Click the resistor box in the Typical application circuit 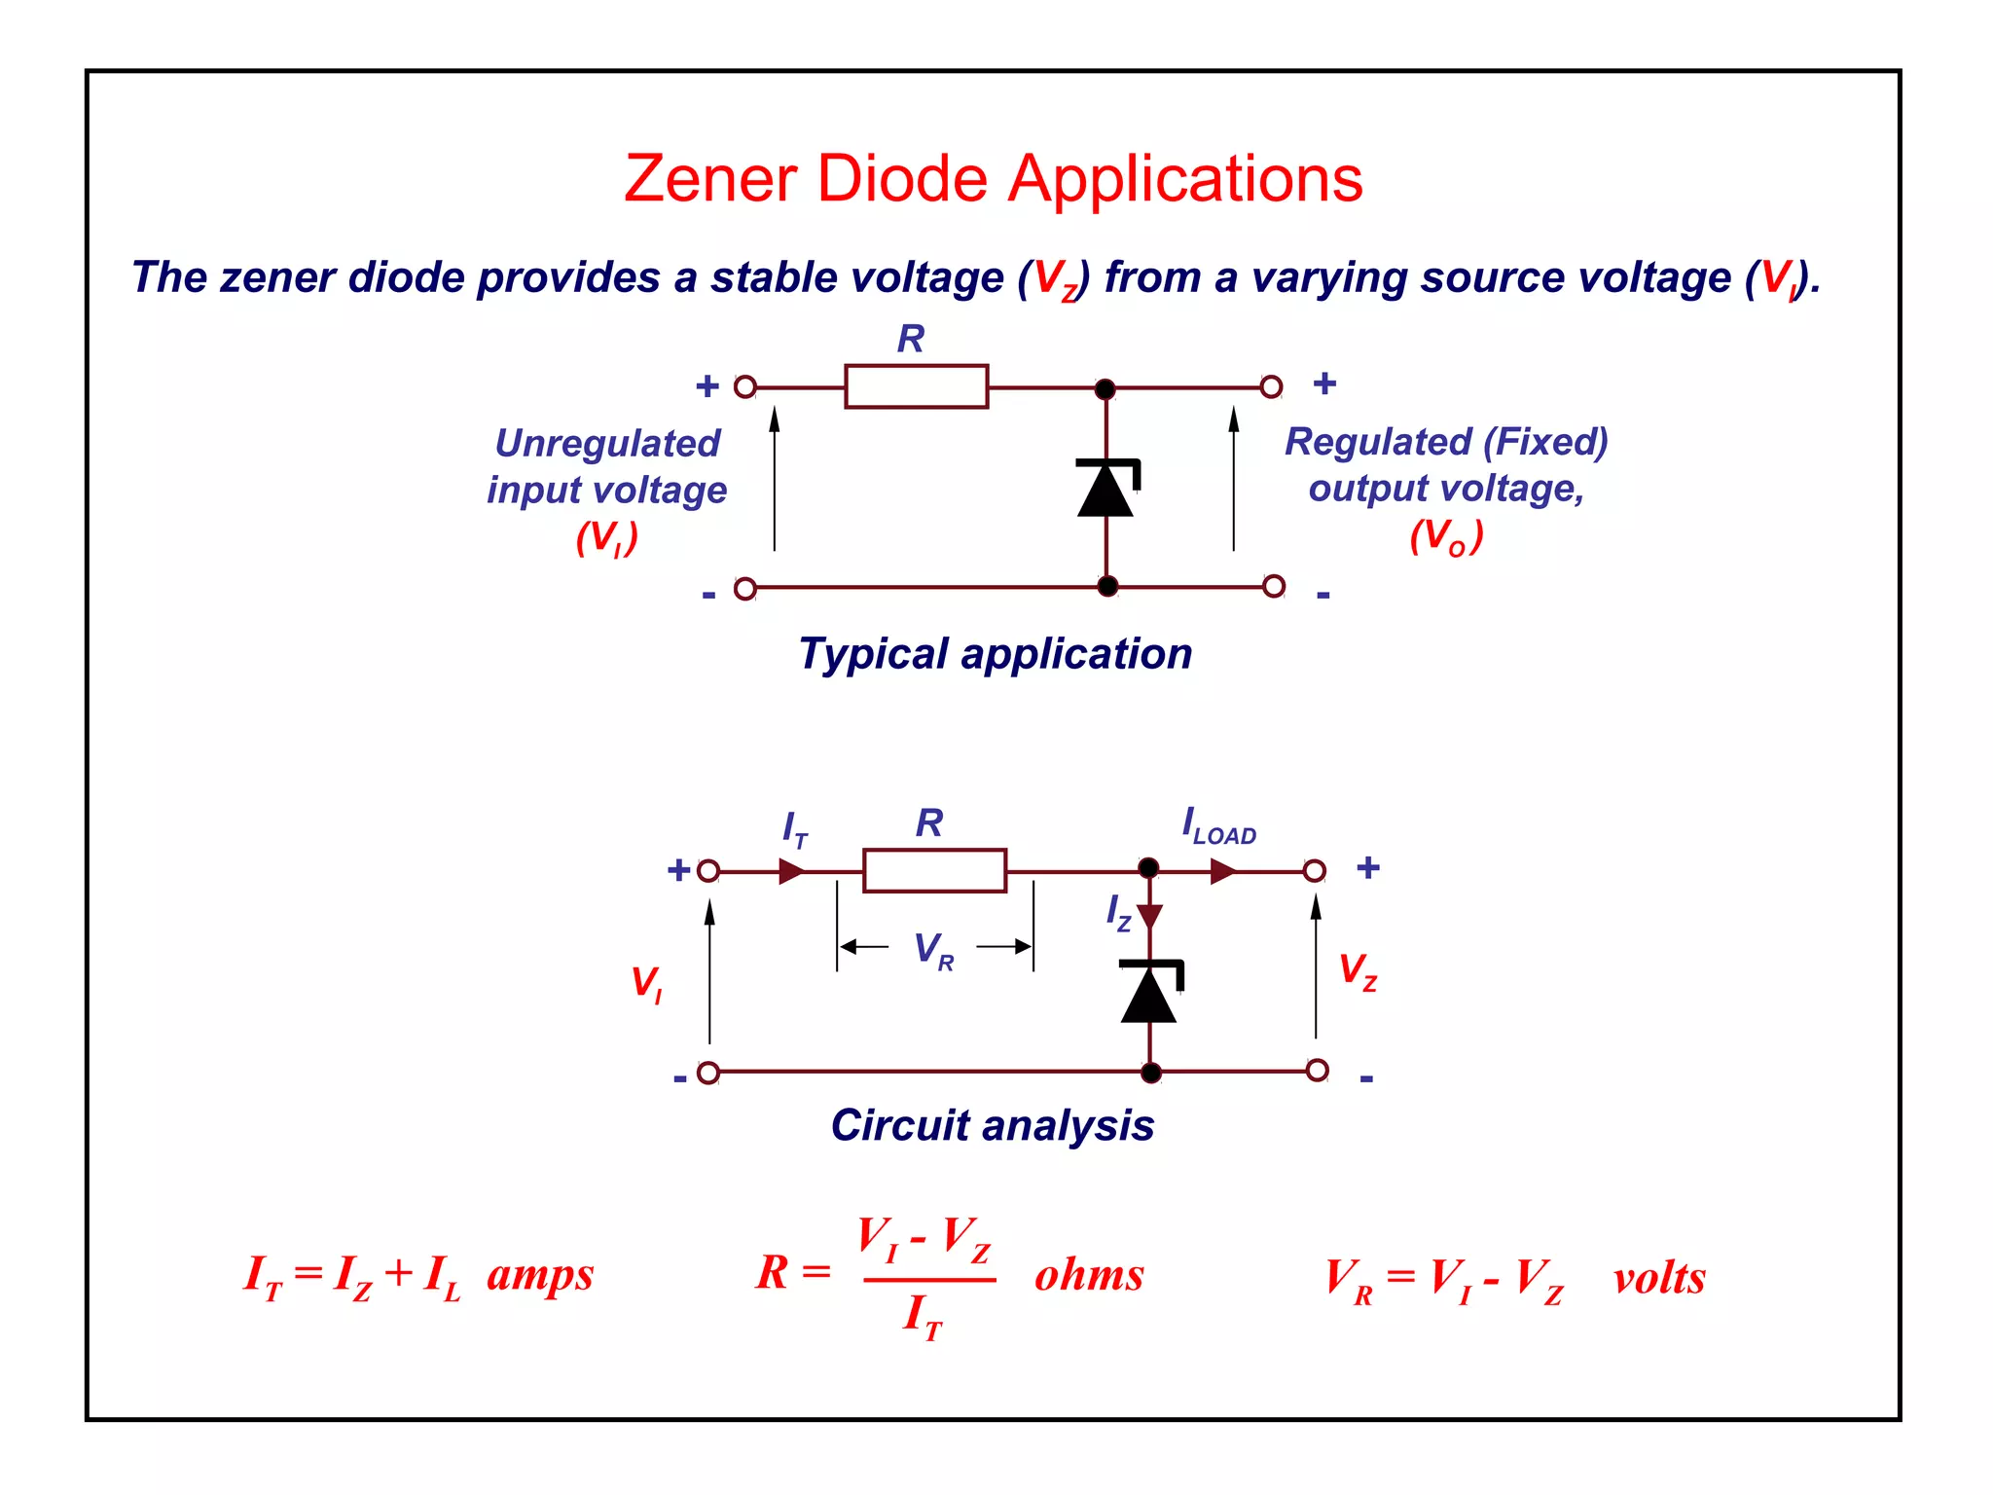pos(916,386)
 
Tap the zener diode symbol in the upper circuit pos(1106,488)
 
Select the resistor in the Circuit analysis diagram pos(934,870)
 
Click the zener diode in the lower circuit pos(1150,992)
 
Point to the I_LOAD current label pos(1218,826)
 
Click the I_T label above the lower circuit pos(795,829)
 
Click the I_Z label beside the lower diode pos(1118,913)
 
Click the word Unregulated pos(607,443)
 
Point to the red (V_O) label pos(1446,536)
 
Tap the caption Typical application pos(995,653)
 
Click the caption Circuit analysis pos(992,1125)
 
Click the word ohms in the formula pos(1089,1274)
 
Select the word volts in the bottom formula pos(1658,1278)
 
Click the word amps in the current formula pos(540,1274)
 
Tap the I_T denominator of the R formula pos(923,1316)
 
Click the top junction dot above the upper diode pos(1105,389)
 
